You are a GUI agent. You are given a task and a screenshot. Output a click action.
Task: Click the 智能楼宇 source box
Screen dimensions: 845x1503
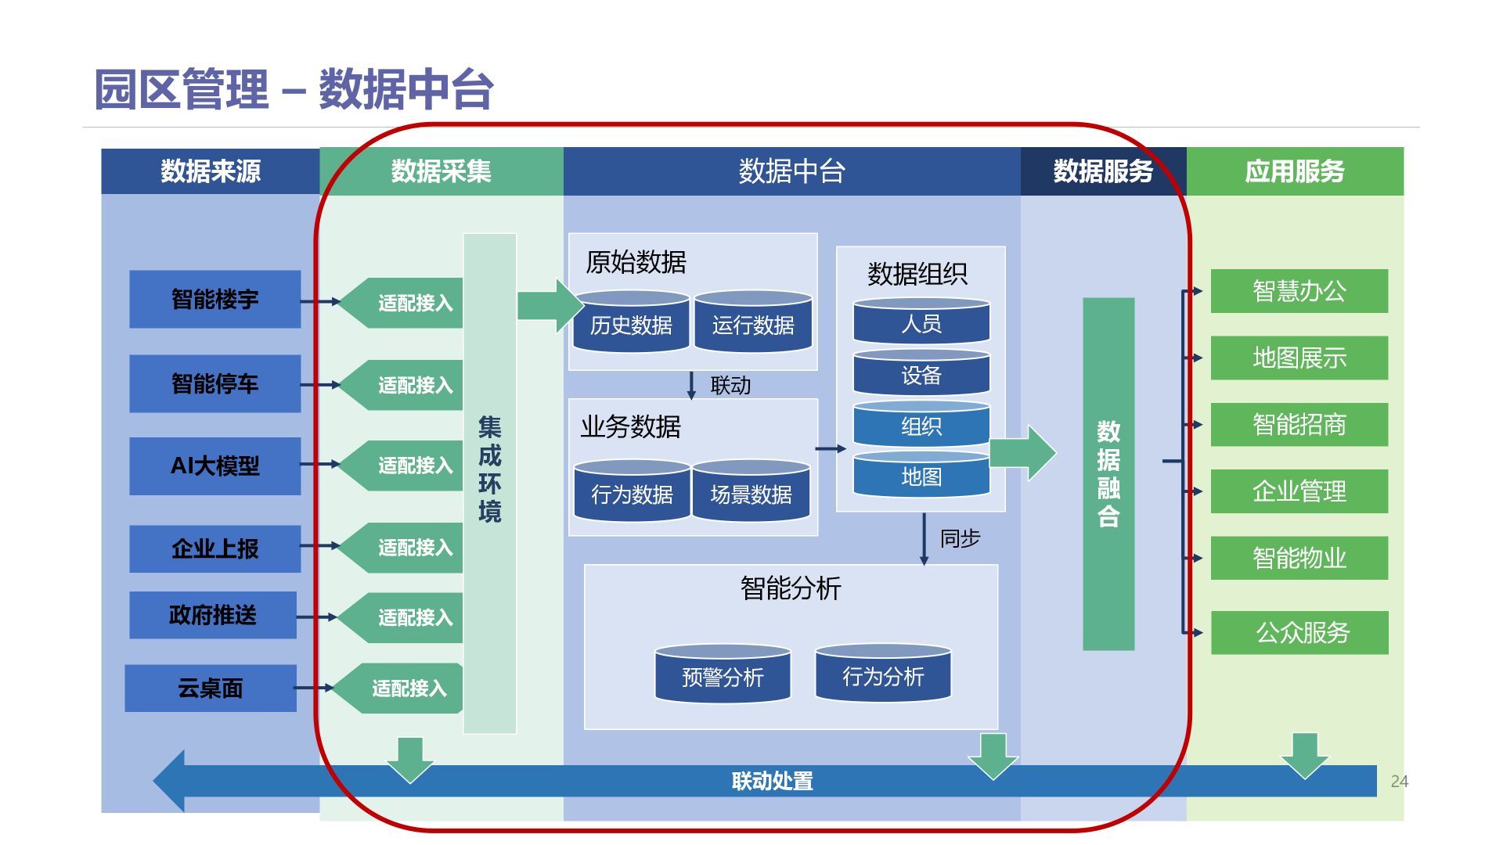click(214, 299)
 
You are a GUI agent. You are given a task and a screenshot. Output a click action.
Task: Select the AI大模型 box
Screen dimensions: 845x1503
click(214, 466)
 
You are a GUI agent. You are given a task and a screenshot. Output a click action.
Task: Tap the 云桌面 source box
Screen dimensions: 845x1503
click(210, 689)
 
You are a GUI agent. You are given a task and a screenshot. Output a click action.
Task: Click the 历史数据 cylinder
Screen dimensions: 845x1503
click(631, 325)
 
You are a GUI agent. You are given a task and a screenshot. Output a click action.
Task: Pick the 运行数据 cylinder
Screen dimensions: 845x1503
click(753, 325)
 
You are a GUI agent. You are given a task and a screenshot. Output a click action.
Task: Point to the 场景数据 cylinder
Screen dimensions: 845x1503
click(751, 494)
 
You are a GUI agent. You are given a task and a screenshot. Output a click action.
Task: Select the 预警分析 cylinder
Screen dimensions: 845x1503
click(723, 676)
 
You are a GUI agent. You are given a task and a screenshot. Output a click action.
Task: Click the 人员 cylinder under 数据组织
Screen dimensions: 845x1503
click(921, 323)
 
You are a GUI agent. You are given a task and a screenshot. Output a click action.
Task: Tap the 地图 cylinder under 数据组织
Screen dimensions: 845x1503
click(921, 476)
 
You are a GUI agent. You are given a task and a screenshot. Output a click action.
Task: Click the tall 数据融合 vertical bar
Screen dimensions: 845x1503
click(1108, 473)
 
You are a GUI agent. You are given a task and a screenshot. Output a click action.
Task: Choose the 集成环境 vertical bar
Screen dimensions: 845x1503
click(489, 483)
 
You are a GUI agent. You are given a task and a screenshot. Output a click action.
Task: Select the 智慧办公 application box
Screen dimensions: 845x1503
click(1299, 291)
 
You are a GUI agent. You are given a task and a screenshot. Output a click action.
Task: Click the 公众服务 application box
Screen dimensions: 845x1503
click(1299, 632)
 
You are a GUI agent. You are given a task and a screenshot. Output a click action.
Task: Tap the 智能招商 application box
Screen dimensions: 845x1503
click(1299, 424)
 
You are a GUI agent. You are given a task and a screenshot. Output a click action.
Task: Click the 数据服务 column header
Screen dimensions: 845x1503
click(1103, 171)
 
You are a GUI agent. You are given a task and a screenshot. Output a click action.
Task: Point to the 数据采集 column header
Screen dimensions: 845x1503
click(442, 171)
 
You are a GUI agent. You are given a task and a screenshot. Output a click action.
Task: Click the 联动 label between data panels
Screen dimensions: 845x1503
click(730, 385)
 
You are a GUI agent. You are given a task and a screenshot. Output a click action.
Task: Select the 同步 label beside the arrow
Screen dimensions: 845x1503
click(960, 538)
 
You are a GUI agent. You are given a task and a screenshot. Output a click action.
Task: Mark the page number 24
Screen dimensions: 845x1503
click(1399, 781)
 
